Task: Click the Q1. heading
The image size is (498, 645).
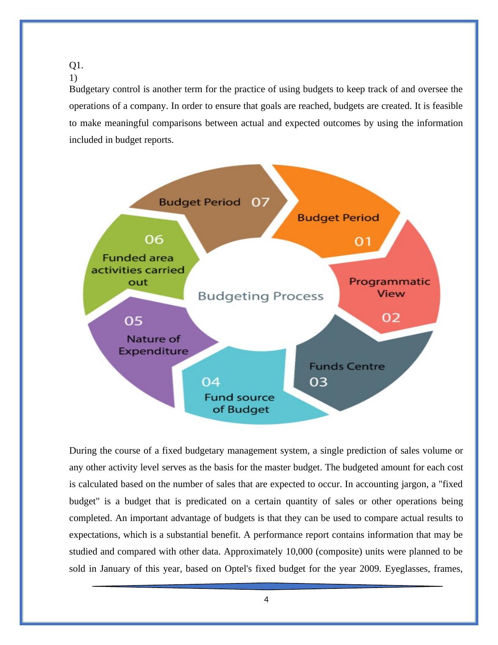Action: pyautogui.click(x=76, y=65)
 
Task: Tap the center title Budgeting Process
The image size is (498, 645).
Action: pyautogui.click(x=260, y=296)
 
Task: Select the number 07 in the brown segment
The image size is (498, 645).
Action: pyautogui.click(x=260, y=202)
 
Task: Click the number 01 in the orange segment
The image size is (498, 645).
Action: pyautogui.click(x=363, y=242)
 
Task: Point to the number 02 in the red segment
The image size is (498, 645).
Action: pyautogui.click(x=391, y=318)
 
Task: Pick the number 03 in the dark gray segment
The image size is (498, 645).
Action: pyautogui.click(x=318, y=382)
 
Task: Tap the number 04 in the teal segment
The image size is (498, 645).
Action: pyautogui.click(x=211, y=382)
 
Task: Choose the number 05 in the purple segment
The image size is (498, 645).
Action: pyautogui.click(x=133, y=321)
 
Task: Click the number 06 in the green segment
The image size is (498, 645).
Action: pyautogui.click(x=154, y=240)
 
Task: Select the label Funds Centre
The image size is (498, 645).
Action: pyautogui.click(x=347, y=366)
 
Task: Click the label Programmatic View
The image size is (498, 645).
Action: pyautogui.click(x=390, y=287)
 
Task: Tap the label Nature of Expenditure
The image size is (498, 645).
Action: pyautogui.click(x=153, y=345)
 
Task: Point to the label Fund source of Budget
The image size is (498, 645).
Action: pyautogui.click(x=240, y=403)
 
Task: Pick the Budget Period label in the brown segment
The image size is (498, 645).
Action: pyautogui.click(x=200, y=202)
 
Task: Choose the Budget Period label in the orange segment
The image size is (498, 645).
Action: pyautogui.click(x=338, y=218)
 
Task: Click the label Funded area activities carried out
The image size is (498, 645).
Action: pyautogui.click(x=138, y=270)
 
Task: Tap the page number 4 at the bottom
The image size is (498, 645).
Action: pyautogui.click(x=267, y=600)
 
